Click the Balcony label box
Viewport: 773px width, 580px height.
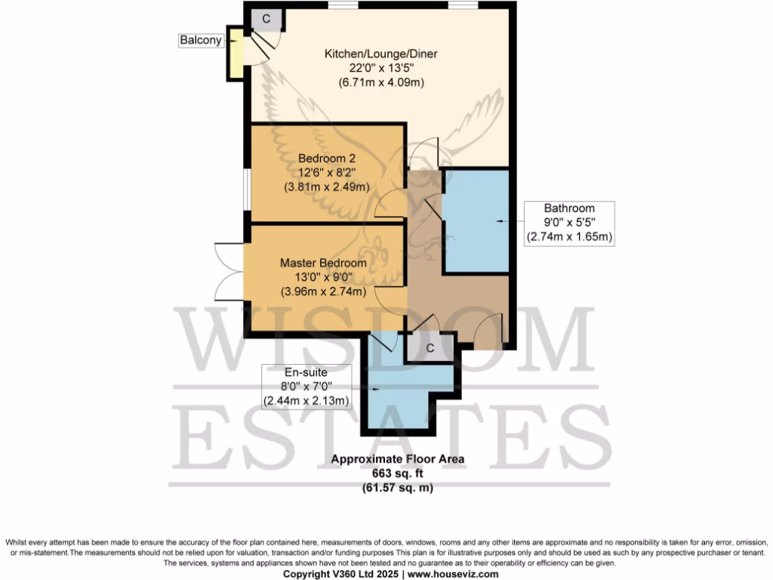202,40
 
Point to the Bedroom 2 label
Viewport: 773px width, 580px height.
326,159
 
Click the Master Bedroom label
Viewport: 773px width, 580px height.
323,263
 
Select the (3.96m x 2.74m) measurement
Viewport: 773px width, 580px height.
323,292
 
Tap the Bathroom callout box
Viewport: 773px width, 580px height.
569,222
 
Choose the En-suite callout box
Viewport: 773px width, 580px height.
306,387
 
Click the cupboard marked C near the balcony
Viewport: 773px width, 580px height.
266,18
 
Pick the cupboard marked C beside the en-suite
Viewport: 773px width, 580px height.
430,348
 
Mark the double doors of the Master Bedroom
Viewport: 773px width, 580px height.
229,272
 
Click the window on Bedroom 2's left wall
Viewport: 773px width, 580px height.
245,187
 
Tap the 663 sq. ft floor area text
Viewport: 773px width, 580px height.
399,473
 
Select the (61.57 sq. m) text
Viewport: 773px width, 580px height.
399,487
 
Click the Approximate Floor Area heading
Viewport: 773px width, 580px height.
399,459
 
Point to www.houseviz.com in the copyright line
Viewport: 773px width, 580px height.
451,574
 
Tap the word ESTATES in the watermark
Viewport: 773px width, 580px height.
385,438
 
